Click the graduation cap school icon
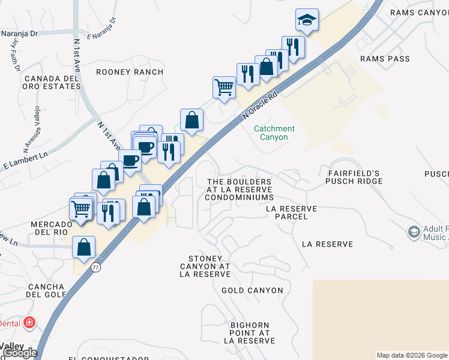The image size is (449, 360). [307, 20]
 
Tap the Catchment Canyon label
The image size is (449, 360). [274, 133]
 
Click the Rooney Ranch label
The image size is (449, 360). [130, 72]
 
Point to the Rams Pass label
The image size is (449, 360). [385, 59]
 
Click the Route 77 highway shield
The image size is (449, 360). [96, 268]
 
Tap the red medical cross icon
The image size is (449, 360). [28, 323]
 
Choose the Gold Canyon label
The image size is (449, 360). [252, 290]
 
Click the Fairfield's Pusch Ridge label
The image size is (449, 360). [355, 177]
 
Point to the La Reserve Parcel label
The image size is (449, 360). [291, 212]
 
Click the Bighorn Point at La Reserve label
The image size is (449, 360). [250, 332]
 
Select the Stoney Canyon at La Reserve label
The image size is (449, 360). [205, 266]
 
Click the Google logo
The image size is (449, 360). [20, 353]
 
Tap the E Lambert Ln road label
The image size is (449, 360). [25, 160]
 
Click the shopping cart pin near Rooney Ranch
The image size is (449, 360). [224, 87]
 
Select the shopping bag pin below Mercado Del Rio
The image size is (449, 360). [84, 247]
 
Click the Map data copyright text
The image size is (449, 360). [412, 355]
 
